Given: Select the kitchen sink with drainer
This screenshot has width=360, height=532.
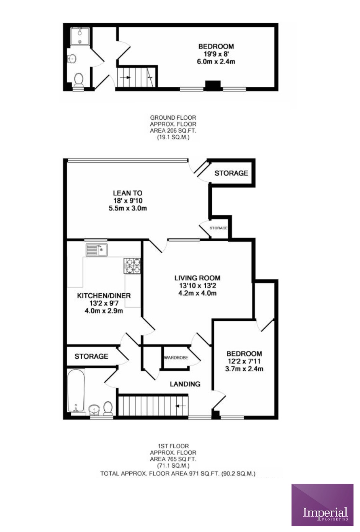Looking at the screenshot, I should point(96,250).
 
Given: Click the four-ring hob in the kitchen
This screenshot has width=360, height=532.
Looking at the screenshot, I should point(132,266).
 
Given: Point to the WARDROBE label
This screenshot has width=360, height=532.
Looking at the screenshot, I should point(176,358).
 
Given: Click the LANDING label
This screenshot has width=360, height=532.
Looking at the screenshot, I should point(185,384).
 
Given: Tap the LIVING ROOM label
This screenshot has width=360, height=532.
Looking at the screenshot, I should point(197,278).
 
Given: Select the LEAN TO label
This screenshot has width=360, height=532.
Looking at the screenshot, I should point(128,193).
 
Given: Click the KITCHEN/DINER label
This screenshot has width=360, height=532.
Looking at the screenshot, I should point(104,296).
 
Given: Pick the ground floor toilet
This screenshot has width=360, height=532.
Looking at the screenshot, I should point(78,80).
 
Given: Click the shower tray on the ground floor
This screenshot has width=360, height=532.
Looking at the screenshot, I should point(80,36).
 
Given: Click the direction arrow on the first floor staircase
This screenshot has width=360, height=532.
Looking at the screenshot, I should point(181,405).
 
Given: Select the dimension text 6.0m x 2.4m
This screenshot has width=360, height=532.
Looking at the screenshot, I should point(217,61).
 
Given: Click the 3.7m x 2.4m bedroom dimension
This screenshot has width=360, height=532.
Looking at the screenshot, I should point(244,369).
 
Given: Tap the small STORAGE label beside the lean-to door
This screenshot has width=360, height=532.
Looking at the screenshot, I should point(218,228).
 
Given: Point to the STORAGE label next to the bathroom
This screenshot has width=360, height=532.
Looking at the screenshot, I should point(91,356).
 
